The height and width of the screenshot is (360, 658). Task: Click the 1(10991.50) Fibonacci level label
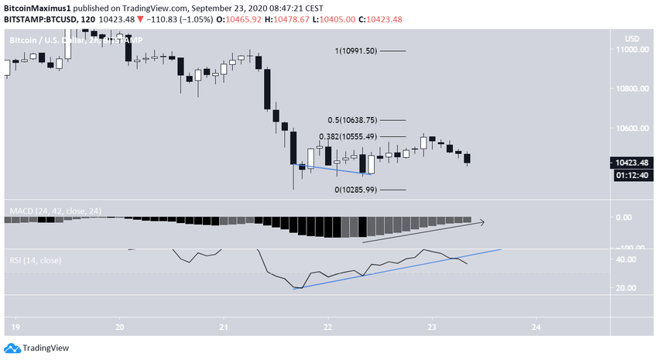355,51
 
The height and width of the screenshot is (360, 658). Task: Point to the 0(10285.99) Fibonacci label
355,190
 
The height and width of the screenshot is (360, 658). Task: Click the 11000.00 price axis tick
632,50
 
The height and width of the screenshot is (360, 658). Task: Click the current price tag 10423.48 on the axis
632,163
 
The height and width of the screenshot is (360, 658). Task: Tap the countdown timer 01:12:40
632,176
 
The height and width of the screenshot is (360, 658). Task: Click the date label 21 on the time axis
223,326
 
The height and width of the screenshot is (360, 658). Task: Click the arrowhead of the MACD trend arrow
482,222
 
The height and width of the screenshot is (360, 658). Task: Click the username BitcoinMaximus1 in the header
36,8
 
